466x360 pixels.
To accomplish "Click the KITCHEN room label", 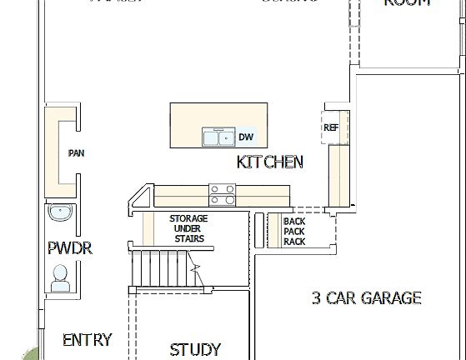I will pyautogui.click(x=270, y=162).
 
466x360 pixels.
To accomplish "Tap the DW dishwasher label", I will pyautogui.click(x=246, y=137).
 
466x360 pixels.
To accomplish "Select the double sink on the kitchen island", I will pyautogui.click(x=218, y=137).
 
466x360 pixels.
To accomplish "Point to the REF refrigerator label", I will pyautogui.click(x=331, y=127).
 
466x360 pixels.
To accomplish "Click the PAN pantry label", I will pyautogui.click(x=77, y=153).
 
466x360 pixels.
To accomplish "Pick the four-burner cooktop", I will pyautogui.click(x=222, y=194).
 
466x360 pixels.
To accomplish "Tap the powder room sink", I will pyautogui.click(x=61, y=213).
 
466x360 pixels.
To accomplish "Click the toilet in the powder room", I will pyautogui.click(x=60, y=277).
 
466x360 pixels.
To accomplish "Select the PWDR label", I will pyautogui.click(x=69, y=248).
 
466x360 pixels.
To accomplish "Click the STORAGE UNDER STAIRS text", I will pyautogui.click(x=189, y=228).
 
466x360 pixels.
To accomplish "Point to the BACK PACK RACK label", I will pyautogui.click(x=294, y=232).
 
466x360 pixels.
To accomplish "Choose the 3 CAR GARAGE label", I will pyautogui.click(x=366, y=297).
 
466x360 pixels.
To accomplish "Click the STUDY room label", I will pyautogui.click(x=195, y=349).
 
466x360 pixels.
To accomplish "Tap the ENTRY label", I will pyautogui.click(x=88, y=340).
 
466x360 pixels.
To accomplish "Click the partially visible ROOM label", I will pyautogui.click(x=407, y=3).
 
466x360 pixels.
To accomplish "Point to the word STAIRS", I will pyautogui.click(x=189, y=238).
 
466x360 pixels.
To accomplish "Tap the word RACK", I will pyautogui.click(x=294, y=242).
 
